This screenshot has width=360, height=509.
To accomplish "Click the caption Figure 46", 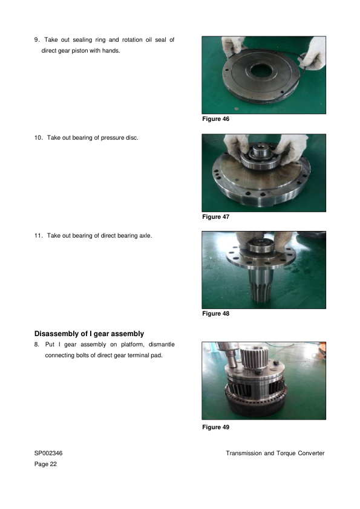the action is point(215,119).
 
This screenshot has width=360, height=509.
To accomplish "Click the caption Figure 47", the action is point(215,216).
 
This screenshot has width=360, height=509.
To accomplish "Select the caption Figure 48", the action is point(215,313).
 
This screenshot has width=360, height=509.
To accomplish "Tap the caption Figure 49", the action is point(215,427).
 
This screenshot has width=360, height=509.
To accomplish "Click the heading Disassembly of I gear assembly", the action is point(89,334).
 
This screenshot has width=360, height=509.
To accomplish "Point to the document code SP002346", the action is point(48,453).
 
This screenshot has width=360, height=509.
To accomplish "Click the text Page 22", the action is point(45,464).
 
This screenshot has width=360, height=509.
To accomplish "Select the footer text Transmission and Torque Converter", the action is point(275,453).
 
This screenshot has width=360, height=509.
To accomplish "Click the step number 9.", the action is point(37,40).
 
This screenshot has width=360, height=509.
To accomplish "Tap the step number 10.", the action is point(38,138).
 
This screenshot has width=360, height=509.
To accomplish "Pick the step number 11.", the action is point(38,236).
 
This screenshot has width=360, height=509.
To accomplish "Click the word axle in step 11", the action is point(145,236).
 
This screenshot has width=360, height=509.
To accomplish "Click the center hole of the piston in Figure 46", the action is point(261,71).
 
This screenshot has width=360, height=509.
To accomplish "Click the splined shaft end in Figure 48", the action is point(261,291).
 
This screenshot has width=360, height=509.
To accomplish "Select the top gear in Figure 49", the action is point(254,357).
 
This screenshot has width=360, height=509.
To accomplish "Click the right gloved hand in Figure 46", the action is point(313,54).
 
